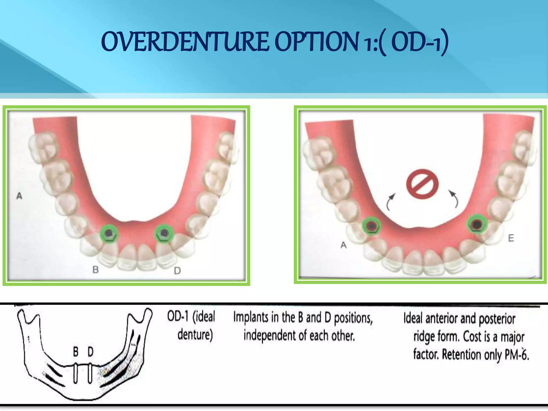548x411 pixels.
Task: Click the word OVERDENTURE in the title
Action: (185, 42)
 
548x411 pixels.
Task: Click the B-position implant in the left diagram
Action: (109, 233)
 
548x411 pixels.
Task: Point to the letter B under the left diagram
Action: (96, 270)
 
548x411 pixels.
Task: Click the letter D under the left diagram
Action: (177, 271)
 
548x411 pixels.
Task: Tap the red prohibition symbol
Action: (422, 184)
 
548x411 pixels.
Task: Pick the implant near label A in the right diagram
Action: (371, 226)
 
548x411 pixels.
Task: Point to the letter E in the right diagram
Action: (511, 238)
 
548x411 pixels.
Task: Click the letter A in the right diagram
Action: (344, 245)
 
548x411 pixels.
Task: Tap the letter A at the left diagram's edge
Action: (19, 196)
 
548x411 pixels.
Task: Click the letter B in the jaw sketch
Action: (76, 352)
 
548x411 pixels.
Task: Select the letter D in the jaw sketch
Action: (90, 352)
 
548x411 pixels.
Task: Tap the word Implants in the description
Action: (251, 318)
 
